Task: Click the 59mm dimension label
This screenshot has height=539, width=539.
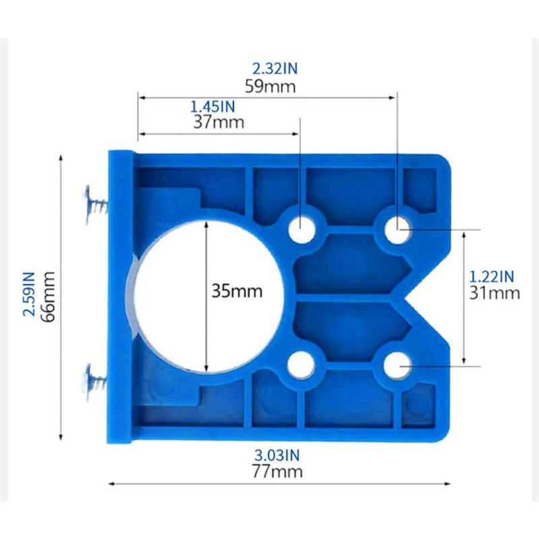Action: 270,87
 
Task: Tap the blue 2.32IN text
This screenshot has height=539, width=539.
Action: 275,69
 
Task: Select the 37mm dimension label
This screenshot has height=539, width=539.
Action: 218,122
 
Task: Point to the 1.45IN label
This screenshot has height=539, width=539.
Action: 213,107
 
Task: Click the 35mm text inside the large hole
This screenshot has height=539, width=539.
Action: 237,291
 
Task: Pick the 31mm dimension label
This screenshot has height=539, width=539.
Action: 495,293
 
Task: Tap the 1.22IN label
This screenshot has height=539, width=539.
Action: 492,277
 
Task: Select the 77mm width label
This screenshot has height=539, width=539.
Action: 278,471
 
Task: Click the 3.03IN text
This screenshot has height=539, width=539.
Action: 277,455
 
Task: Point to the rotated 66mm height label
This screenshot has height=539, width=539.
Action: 48,296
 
